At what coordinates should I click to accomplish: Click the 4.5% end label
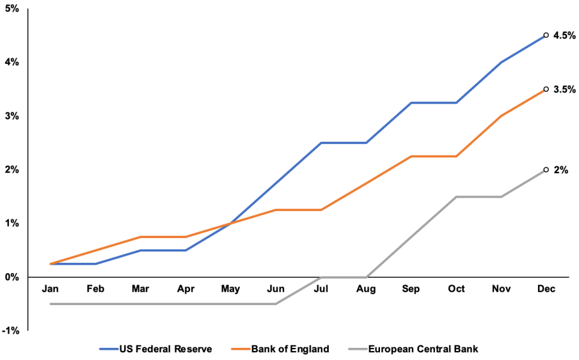tap(565, 36)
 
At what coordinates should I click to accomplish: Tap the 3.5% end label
tap(565, 89)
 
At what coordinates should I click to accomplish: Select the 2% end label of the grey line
tap(561, 170)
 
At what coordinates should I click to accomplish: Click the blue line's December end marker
tap(546, 36)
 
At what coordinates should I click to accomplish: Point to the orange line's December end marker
tap(546, 89)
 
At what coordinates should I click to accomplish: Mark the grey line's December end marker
tap(546, 170)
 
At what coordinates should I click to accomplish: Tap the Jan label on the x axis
tap(50, 289)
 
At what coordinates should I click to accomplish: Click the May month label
tap(230, 289)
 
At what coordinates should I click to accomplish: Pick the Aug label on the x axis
tap(365, 289)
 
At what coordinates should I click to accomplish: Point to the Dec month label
tap(546, 289)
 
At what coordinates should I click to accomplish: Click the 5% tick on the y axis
tap(12, 9)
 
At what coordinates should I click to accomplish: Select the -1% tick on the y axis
tap(11, 331)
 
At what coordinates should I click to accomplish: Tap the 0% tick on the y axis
tap(12, 277)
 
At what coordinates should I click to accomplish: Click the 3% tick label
tap(12, 116)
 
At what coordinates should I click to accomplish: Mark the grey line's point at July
tap(321, 277)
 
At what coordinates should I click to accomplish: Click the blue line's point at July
tap(321, 143)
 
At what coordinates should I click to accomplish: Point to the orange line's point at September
tap(411, 156)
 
